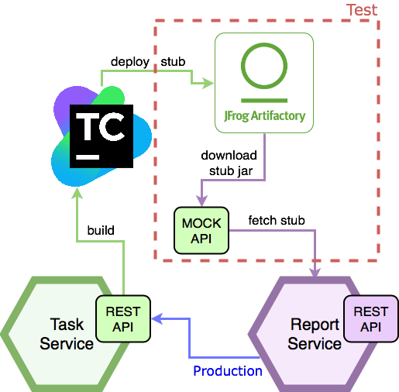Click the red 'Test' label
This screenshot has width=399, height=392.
(363, 10)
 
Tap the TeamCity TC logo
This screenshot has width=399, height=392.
(101, 136)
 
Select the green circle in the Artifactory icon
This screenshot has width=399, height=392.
(264, 66)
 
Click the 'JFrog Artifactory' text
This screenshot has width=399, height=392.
(264, 116)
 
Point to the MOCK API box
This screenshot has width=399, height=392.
(201, 231)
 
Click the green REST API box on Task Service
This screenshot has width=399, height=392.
(123, 319)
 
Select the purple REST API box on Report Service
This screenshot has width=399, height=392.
(371, 319)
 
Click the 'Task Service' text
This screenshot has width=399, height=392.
(67, 334)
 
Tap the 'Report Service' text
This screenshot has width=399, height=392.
(315, 334)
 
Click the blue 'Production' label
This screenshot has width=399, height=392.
(228, 371)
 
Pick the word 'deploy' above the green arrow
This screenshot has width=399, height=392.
(130, 62)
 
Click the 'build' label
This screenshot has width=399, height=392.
(101, 230)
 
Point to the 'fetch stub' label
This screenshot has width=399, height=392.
(277, 220)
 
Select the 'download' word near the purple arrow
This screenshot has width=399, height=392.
(229, 155)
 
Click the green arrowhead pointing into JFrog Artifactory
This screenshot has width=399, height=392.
(208, 83)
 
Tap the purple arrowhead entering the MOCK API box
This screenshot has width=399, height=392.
(201, 201)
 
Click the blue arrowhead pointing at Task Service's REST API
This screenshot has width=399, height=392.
(157, 319)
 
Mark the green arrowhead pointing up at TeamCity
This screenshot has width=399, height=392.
(77, 193)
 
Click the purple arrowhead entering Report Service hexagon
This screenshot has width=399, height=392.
(315, 272)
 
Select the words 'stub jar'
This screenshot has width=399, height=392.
(231, 171)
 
